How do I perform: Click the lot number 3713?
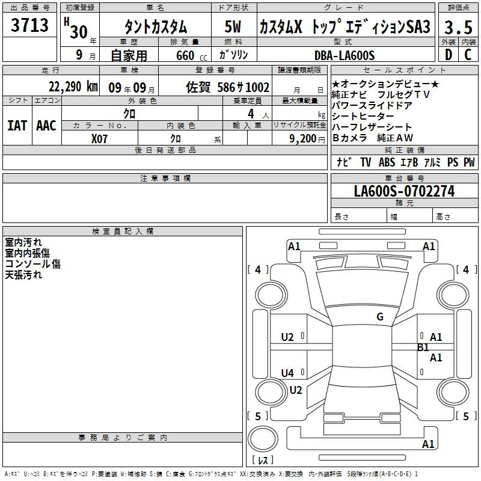coord(29,25)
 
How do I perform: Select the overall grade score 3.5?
coord(458,27)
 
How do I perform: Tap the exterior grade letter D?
coord(449,55)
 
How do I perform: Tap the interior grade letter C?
coord(468,55)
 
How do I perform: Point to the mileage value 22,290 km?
coord(73,87)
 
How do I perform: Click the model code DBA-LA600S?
coord(345,55)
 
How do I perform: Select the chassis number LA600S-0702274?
coord(404,191)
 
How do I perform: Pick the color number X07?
coord(99,139)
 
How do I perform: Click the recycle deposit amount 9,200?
coord(303,139)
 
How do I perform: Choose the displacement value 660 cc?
coord(191,55)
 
